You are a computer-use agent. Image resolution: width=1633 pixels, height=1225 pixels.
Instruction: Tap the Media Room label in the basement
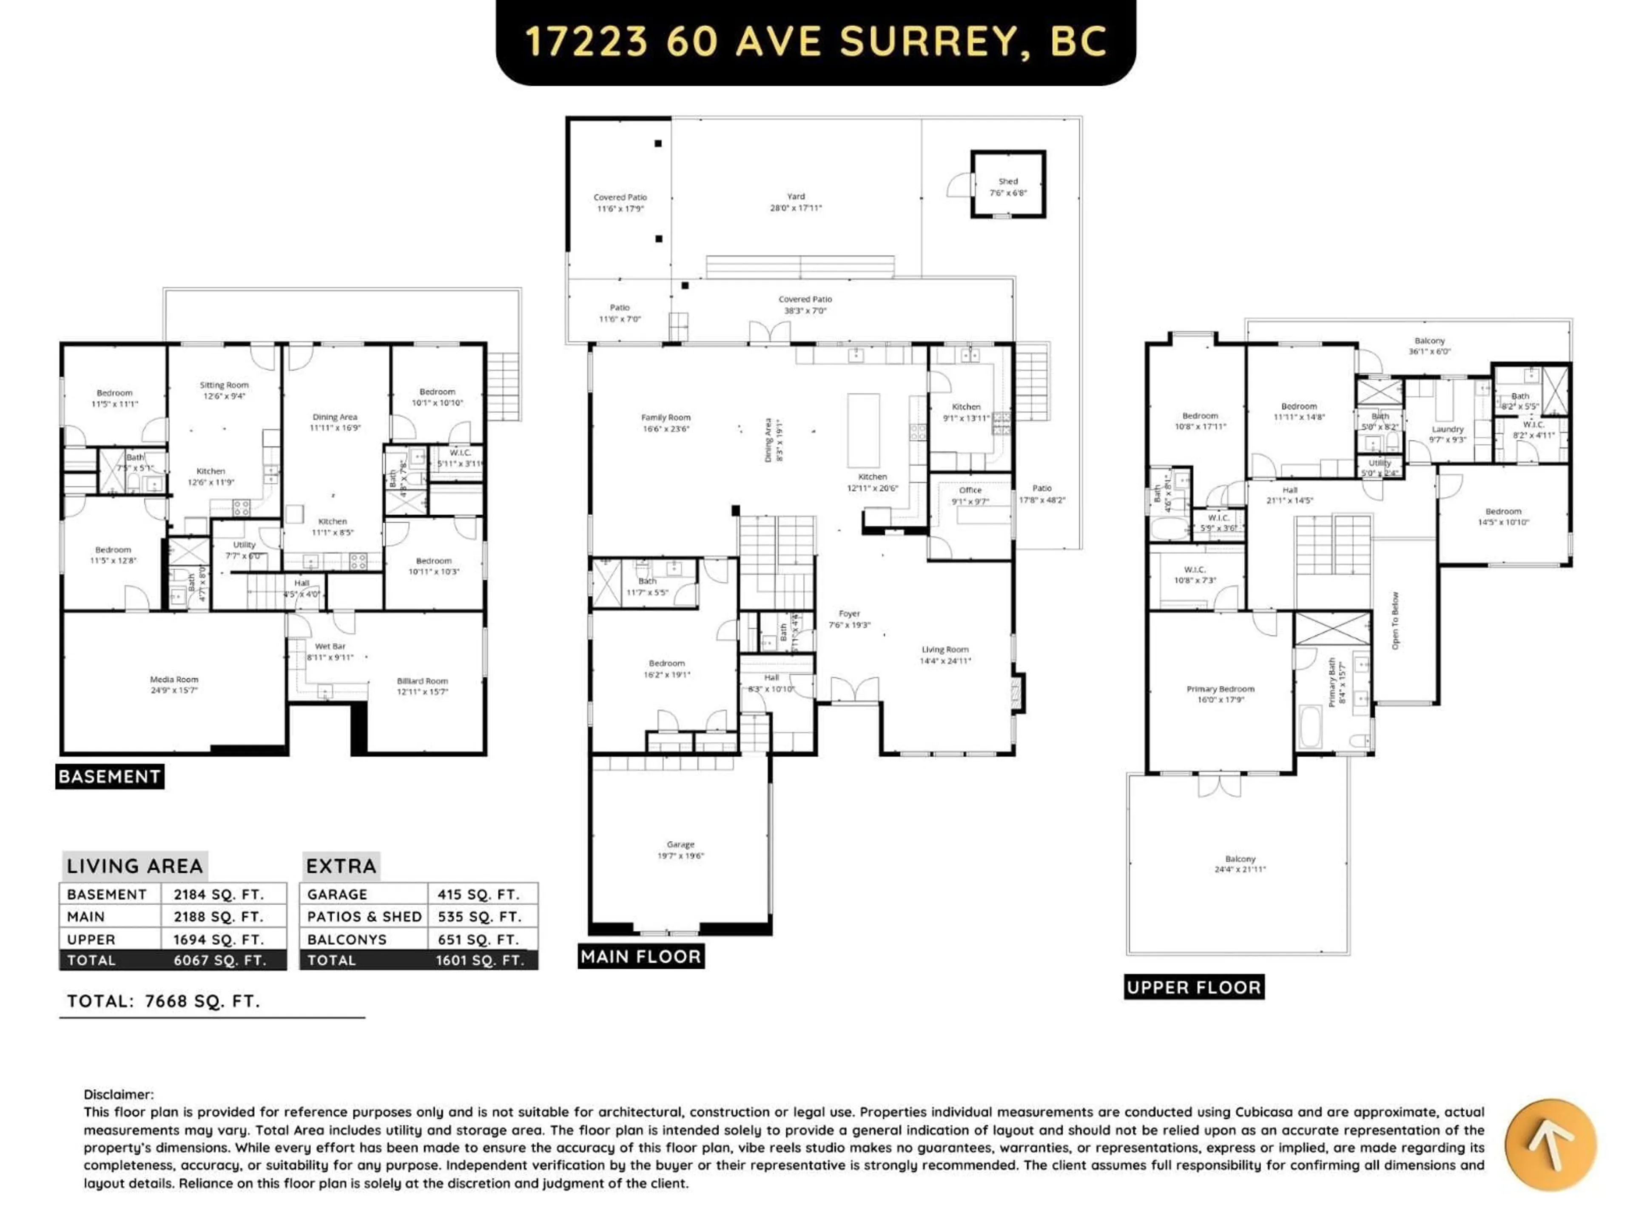pos(174,679)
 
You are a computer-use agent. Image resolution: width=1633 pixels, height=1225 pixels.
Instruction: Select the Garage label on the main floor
pos(680,844)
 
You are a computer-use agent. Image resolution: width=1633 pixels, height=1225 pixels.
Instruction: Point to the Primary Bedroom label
pos(1220,689)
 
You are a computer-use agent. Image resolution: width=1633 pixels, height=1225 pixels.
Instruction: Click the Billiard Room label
pos(422,681)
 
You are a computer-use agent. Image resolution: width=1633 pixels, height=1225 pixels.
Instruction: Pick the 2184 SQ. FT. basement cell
pos(219,894)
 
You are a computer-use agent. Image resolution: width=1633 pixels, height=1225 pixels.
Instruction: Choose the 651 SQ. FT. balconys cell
pos(479,939)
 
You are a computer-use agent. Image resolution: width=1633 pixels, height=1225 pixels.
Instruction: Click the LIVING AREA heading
pos(134,866)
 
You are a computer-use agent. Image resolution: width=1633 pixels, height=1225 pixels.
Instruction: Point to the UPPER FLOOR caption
pos(1194,987)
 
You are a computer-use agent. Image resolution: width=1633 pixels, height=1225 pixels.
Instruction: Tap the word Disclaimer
pos(119,1094)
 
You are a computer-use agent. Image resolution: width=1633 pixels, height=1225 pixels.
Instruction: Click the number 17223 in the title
pos(586,41)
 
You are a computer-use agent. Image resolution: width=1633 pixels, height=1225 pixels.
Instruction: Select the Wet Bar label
pos(330,646)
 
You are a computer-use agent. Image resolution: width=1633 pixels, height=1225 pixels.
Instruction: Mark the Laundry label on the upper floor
pos(1447,429)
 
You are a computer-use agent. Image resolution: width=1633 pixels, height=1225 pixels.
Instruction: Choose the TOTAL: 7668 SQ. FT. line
pos(164,1001)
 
